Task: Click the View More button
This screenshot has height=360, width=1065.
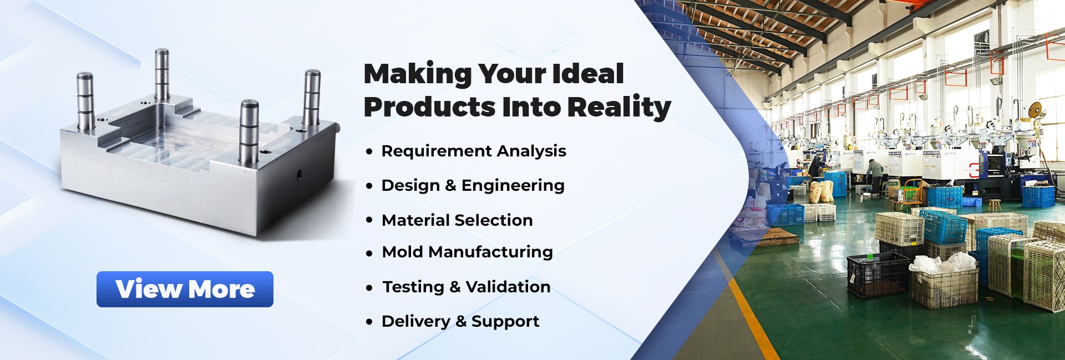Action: pyautogui.click(x=185, y=289)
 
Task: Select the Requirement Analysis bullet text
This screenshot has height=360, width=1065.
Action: pyautogui.click(x=474, y=151)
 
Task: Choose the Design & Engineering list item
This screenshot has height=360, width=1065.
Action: pyautogui.click(x=473, y=185)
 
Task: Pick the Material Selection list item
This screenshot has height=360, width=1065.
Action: pyautogui.click(x=457, y=220)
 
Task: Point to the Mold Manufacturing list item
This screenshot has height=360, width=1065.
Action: pyautogui.click(x=468, y=252)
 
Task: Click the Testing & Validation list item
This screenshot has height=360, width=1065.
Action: pyautogui.click(x=466, y=287)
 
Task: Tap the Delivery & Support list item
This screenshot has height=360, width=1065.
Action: pyautogui.click(x=460, y=321)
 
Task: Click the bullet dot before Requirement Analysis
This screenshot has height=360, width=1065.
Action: pyautogui.click(x=369, y=151)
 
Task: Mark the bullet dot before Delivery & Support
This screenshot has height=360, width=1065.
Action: pyautogui.click(x=369, y=322)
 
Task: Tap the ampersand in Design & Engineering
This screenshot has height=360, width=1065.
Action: pyautogui.click(x=450, y=186)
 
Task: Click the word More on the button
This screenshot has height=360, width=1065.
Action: pyautogui.click(x=221, y=289)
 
